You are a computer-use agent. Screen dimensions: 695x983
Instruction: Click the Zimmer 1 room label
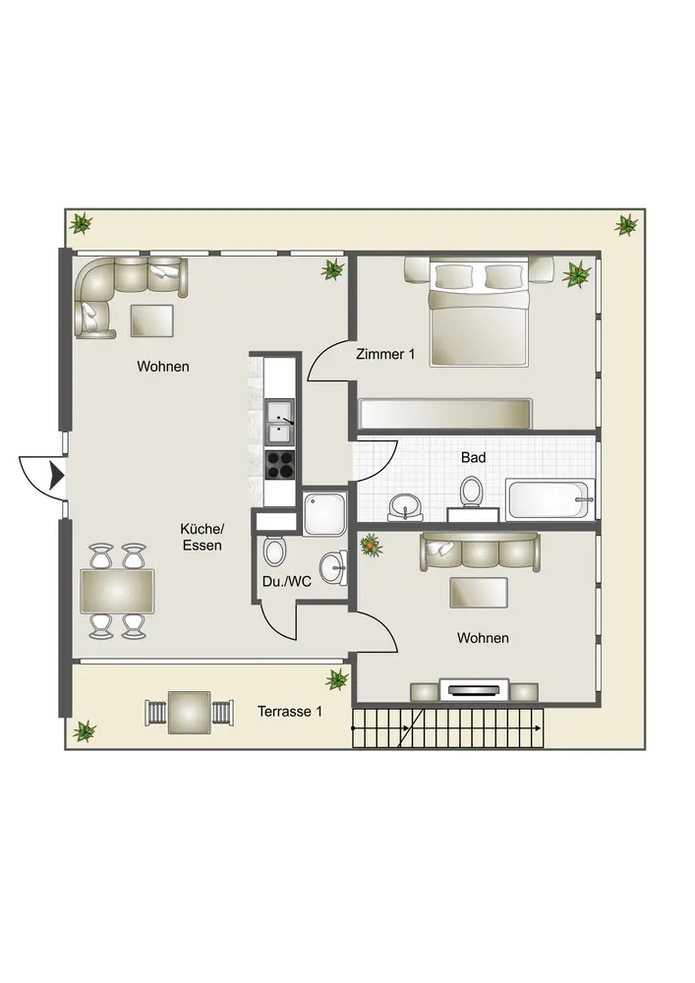tap(385, 354)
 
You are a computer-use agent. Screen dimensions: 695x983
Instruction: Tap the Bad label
tap(473, 458)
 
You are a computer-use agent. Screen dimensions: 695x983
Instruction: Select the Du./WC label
tap(286, 582)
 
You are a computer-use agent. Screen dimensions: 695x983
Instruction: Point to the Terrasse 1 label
tap(290, 712)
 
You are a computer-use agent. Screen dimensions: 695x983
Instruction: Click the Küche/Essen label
tap(202, 538)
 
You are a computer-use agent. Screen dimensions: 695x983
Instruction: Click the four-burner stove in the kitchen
tap(279, 465)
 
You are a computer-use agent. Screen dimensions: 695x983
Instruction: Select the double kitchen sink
tap(279, 422)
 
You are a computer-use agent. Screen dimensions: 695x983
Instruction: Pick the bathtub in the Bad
tap(550, 499)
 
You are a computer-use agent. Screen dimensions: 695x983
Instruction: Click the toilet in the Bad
tap(471, 491)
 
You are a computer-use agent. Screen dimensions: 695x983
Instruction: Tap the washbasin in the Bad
tap(405, 506)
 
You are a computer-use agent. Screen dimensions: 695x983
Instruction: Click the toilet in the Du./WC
tap(274, 550)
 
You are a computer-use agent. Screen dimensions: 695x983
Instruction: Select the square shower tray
tap(324, 513)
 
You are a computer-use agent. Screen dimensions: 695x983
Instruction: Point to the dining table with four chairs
tap(117, 591)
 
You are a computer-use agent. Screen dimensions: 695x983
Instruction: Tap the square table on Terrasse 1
tap(189, 712)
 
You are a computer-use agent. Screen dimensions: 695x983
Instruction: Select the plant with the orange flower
tap(371, 546)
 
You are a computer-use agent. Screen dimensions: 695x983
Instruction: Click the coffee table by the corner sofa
tap(151, 320)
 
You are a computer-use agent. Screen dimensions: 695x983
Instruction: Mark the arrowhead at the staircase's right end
tap(539, 727)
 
